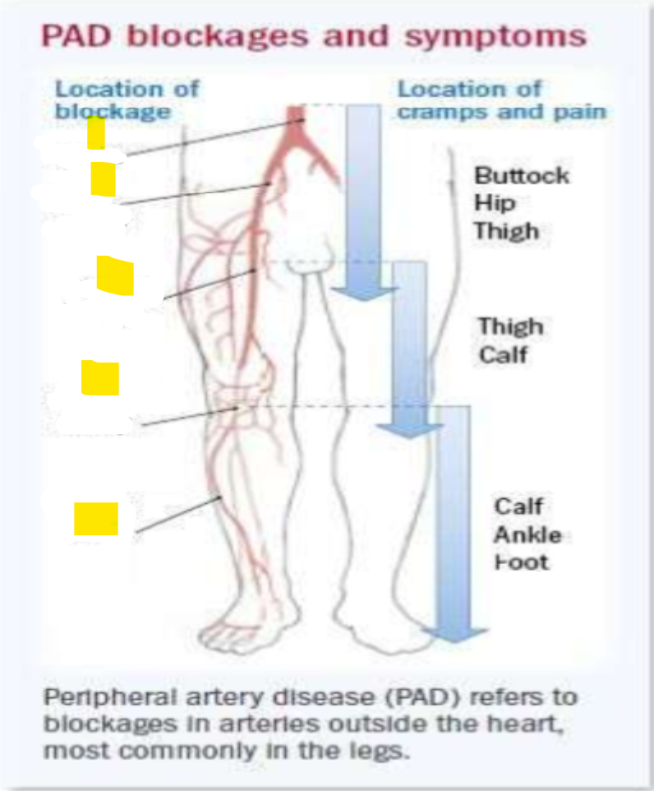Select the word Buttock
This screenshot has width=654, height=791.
click(522, 176)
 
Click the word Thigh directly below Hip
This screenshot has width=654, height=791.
click(505, 231)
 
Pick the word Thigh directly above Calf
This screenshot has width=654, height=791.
click(511, 326)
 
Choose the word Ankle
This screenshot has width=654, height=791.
click(527, 535)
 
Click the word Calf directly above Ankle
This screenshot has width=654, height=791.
click(518, 507)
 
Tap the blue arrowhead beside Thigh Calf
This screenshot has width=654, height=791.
click(403, 429)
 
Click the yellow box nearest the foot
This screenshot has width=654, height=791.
click(95, 519)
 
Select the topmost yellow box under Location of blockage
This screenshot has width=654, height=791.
click(95, 133)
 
